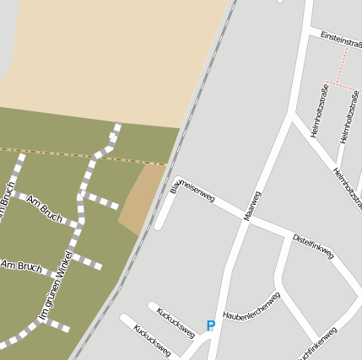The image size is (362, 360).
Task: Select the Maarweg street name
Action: (x=252, y=206)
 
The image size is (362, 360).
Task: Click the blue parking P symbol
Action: (x=211, y=325)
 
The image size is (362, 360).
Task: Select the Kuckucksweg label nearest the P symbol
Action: (x=176, y=321)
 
